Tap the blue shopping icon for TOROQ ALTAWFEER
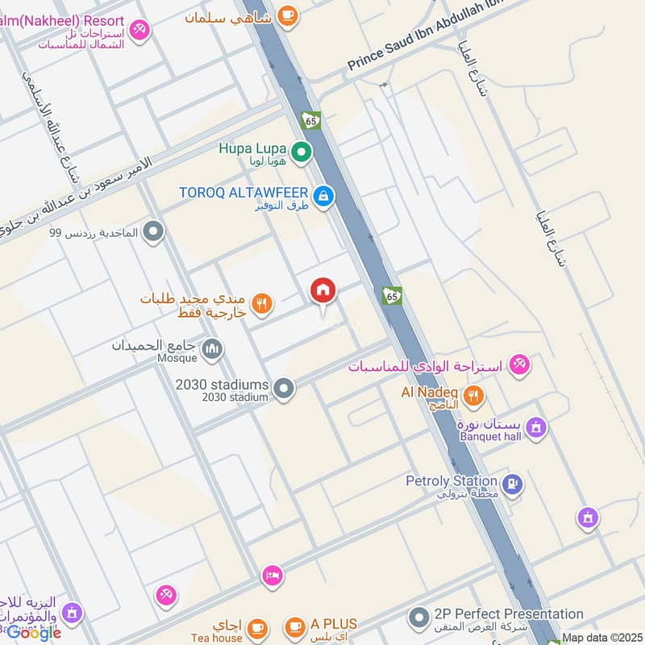tap(322, 196)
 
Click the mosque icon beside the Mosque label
tap(213, 349)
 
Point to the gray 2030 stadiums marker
tap(283, 389)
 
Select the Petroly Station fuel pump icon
tap(512, 485)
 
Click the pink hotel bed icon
tap(273, 576)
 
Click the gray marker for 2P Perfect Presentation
tap(418, 618)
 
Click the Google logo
tap(34, 633)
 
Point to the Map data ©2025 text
tap(601, 638)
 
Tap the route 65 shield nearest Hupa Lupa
tap(311, 120)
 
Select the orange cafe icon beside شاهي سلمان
tap(286, 14)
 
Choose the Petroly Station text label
tap(451, 481)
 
